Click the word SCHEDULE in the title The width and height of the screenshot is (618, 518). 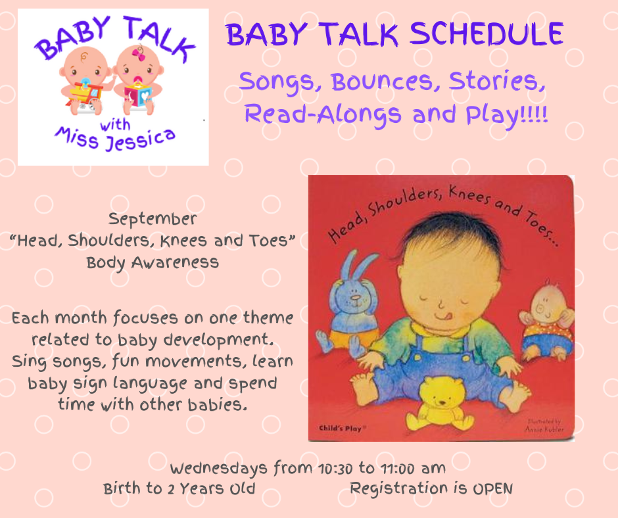click(x=487, y=34)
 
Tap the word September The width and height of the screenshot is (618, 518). click(x=153, y=220)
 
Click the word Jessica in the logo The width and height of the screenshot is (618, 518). click(x=140, y=140)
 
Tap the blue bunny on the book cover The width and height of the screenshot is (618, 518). click(x=348, y=304)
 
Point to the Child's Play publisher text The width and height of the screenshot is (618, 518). click(x=342, y=428)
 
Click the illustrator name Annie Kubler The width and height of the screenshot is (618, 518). click(x=544, y=429)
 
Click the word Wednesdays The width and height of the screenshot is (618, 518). click(x=219, y=469)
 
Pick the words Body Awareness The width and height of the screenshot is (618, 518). click(x=153, y=262)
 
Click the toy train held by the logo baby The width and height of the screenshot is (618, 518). click(x=85, y=95)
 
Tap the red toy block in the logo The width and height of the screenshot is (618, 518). click(x=137, y=95)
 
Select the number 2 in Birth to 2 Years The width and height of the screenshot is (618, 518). click(x=171, y=489)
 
